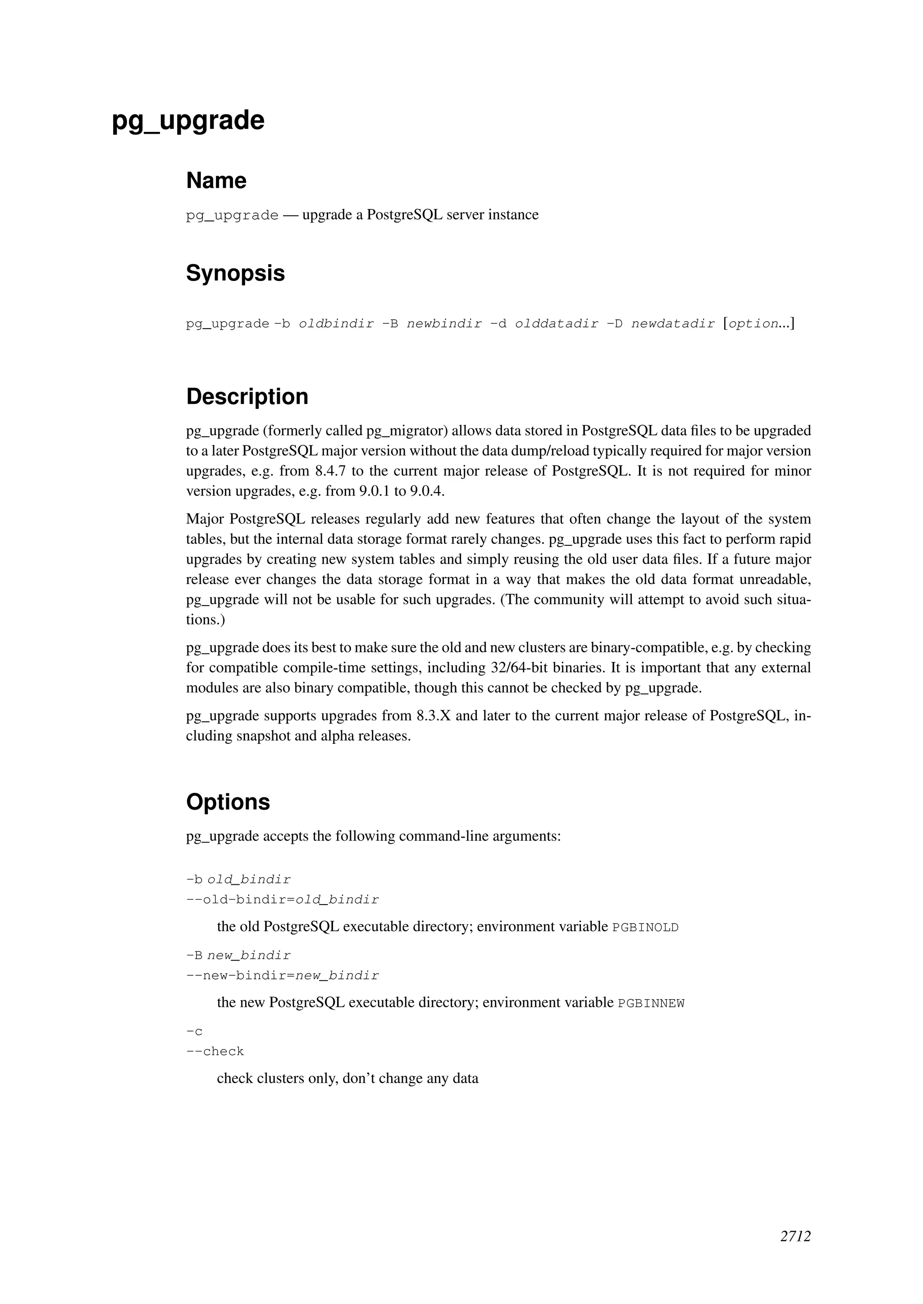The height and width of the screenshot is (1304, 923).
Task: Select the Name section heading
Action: [216, 181]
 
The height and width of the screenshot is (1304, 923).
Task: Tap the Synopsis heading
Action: [235, 273]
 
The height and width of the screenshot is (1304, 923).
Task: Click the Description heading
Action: [247, 396]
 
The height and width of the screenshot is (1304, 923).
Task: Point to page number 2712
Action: [795, 1236]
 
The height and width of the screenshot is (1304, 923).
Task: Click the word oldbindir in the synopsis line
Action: [337, 324]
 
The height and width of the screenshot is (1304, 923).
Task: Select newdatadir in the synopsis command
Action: [673, 324]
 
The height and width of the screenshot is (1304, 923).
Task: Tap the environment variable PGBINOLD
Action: [645, 928]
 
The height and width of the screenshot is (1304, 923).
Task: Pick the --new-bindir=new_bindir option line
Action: [283, 976]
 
